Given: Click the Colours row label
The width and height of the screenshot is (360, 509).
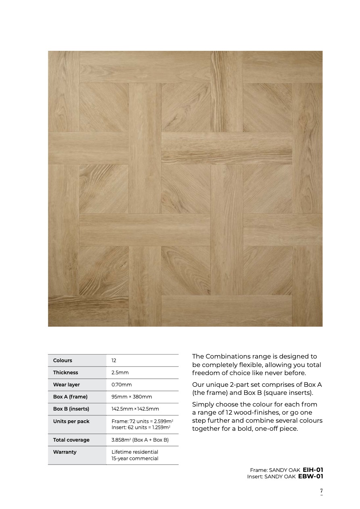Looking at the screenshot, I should click(x=63, y=361).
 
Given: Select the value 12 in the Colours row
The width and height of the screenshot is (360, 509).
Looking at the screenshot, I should click(x=114, y=361).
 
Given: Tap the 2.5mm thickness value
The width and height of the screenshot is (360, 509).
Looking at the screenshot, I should click(x=120, y=373).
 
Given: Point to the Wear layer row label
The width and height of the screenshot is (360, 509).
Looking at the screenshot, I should click(x=66, y=385).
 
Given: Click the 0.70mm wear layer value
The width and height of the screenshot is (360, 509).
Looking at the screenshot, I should click(x=121, y=385).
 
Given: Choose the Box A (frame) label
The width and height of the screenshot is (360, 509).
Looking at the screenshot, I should click(x=70, y=397).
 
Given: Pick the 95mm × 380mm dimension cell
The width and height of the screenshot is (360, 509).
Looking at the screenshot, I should click(x=132, y=397).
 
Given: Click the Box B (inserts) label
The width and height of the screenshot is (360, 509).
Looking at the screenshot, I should click(x=71, y=409).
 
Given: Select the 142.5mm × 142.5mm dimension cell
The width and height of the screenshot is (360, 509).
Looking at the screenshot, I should click(x=135, y=409).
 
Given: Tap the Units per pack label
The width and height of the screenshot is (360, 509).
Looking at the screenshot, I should click(x=71, y=421).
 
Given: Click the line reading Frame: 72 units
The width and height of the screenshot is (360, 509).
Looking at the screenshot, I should click(x=142, y=421).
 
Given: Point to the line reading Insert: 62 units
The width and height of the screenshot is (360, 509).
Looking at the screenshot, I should click(x=141, y=427).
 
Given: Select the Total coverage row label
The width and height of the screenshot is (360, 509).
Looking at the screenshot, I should click(x=71, y=440).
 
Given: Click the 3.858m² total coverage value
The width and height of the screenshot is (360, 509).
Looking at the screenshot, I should click(x=140, y=440).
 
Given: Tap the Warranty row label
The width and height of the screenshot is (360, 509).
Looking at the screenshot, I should click(x=65, y=452).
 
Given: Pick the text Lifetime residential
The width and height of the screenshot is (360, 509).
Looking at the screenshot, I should click(x=135, y=452).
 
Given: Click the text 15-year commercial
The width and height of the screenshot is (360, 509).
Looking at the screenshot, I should click(x=135, y=459).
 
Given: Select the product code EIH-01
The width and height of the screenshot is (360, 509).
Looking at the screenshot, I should click(x=313, y=470).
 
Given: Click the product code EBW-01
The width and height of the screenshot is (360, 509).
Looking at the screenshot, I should click(x=310, y=476).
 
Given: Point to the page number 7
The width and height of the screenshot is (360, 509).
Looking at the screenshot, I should click(x=322, y=491).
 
